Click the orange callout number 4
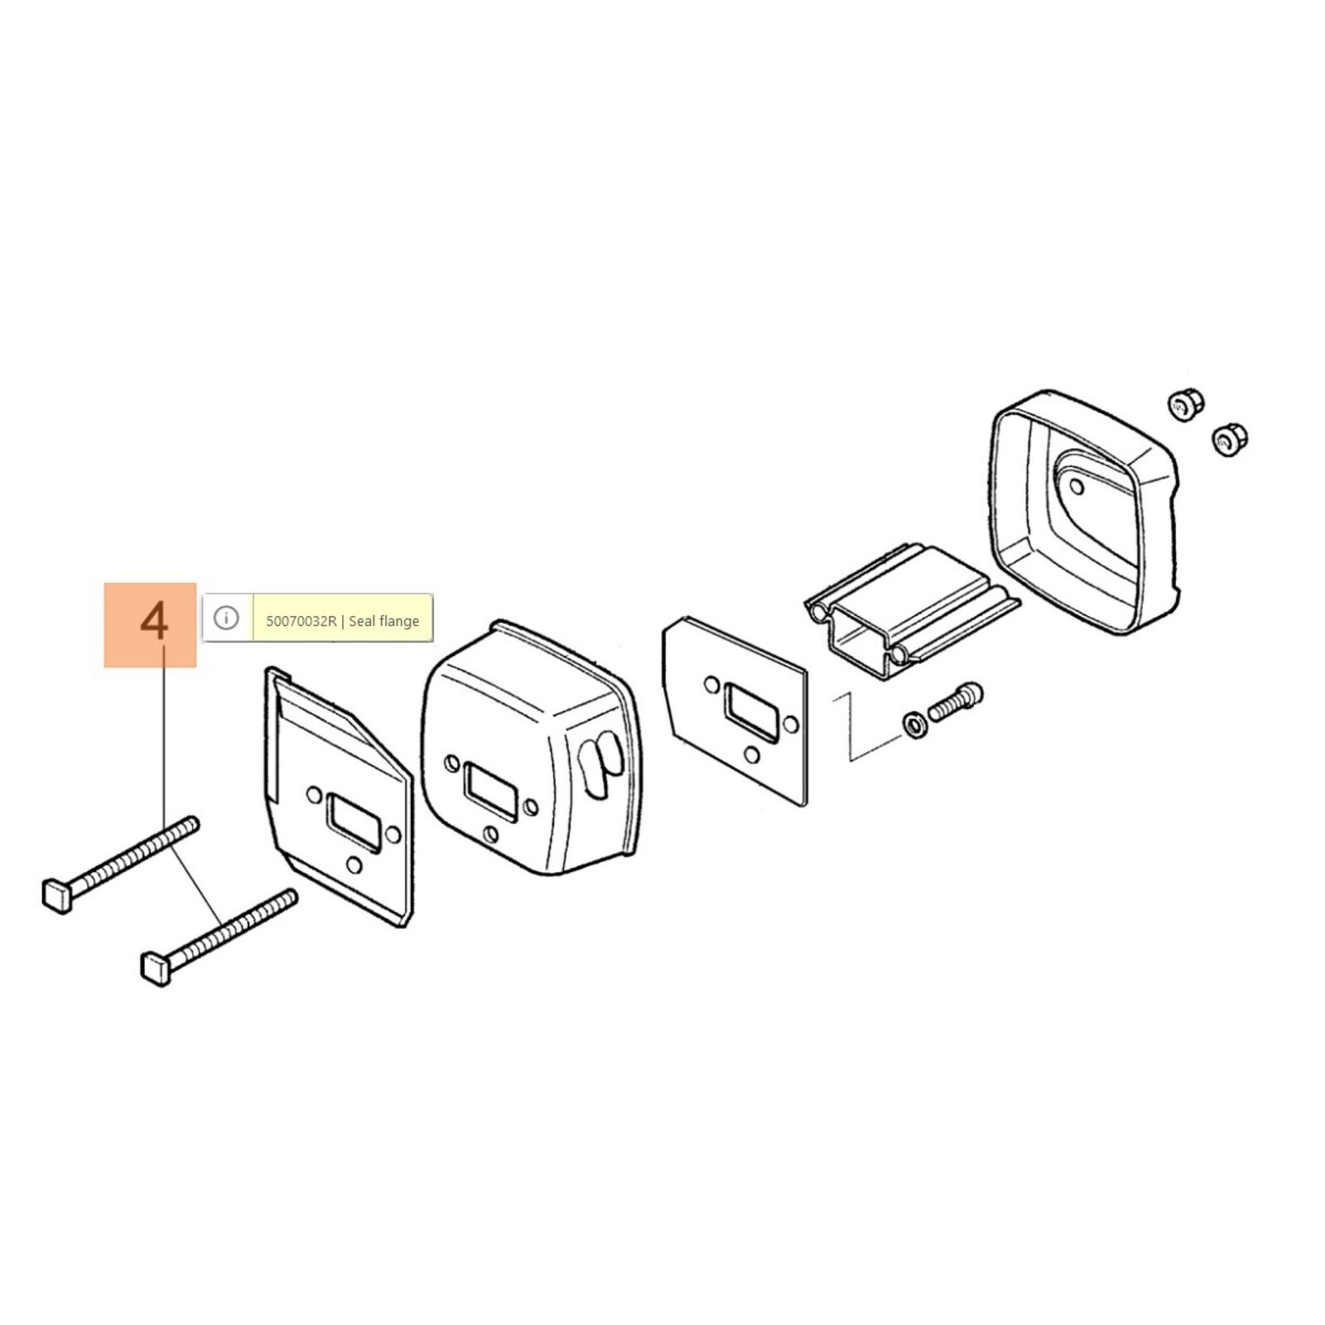[155, 621]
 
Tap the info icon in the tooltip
[226, 618]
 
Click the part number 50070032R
[301, 621]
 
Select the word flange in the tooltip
[397, 621]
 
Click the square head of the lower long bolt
[157, 968]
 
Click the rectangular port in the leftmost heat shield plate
[354, 822]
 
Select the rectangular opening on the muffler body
[492, 793]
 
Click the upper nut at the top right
[1185, 406]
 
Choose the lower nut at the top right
[1230, 439]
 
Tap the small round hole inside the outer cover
[1077, 484]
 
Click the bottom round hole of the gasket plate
[752, 755]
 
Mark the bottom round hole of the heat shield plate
[354, 865]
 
